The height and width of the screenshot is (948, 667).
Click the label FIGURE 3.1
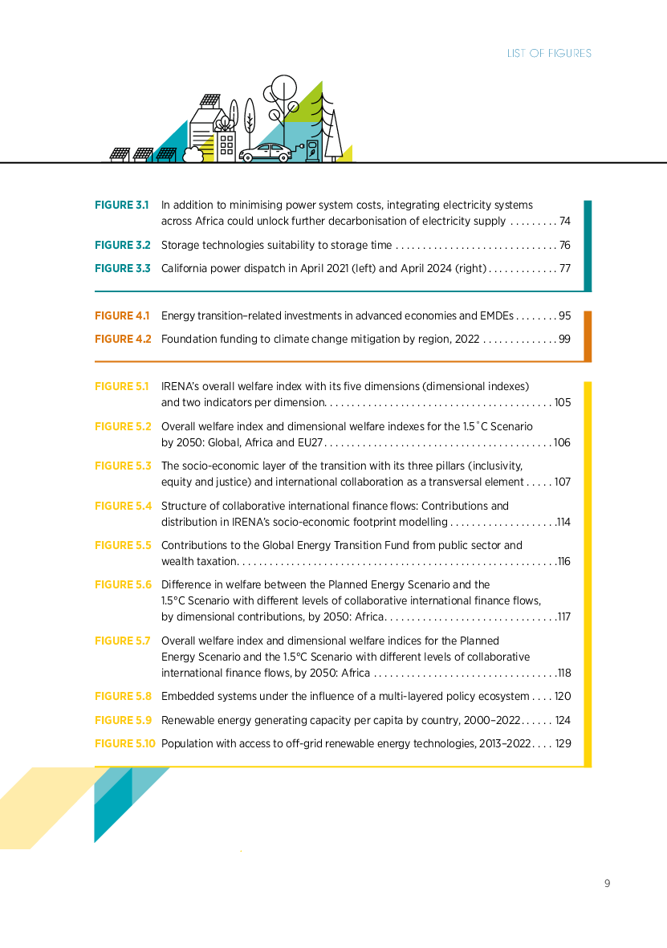[x=122, y=205]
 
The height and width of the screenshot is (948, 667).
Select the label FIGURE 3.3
[x=122, y=269]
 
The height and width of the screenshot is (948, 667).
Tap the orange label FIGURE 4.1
[x=122, y=316]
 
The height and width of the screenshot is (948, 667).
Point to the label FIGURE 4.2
[x=122, y=340]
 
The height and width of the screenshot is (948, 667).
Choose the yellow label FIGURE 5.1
[x=122, y=387]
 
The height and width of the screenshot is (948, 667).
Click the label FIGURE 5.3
[x=123, y=466]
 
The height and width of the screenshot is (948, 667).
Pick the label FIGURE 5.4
[x=123, y=507]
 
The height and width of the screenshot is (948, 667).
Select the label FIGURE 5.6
[x=123, y=585]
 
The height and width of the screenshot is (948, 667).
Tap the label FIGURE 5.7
[x=123, y=641]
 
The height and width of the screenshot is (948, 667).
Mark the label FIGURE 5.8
[x=123, y=697]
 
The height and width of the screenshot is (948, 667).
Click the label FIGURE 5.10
[x=125, y=744]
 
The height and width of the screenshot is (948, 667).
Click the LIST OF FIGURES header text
[x=549, y=54]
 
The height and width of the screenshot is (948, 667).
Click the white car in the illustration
[x=266, y=153]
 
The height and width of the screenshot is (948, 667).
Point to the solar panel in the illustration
[x=166, y=153]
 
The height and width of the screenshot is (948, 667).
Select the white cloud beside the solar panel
[x=193, y=155]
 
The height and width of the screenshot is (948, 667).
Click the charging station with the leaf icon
[x=311, y=151]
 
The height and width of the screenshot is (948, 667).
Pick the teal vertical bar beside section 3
[x=588, y=245]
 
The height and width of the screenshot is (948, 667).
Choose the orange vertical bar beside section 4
[x=588, y=336]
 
